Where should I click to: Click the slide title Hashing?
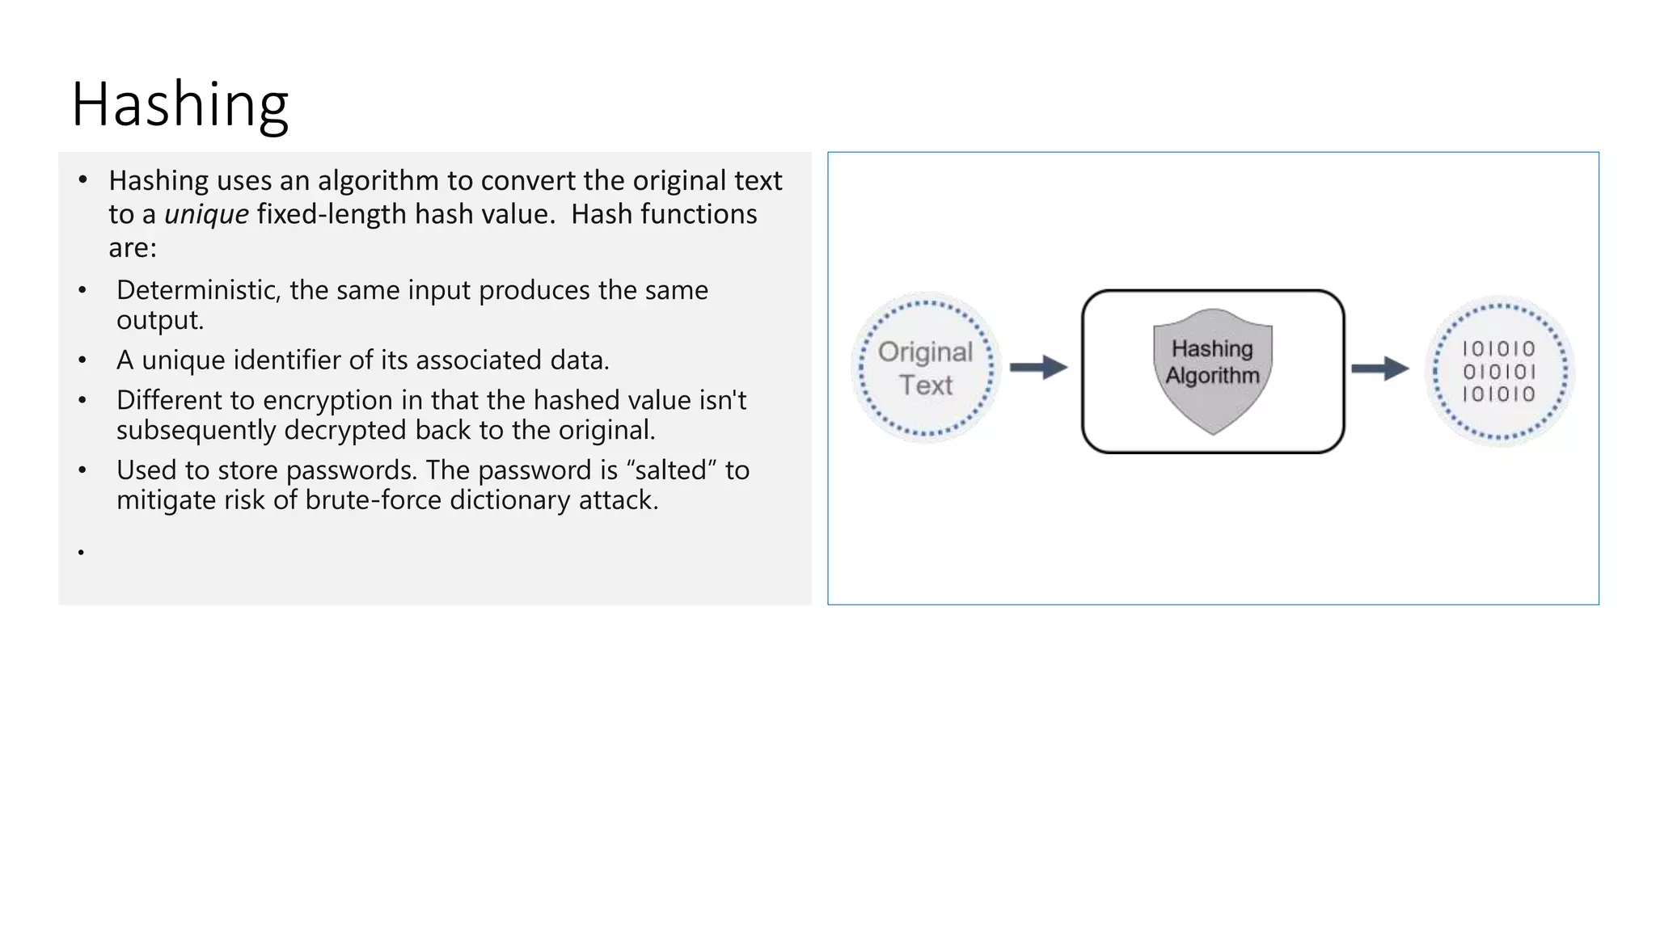pos(180,105)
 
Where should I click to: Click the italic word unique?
pos(206,214)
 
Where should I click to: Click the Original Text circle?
pos(926,368)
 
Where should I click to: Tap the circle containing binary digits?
pos(1499,371)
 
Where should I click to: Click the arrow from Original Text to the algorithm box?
pos(1039,368)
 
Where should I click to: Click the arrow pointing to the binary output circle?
pos(1380,369)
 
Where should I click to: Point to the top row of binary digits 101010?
pos(1498,349)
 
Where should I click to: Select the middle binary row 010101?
pos(1498,372)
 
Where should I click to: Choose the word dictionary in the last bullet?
pos(510,500)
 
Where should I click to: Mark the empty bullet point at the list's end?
pos(81,553)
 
